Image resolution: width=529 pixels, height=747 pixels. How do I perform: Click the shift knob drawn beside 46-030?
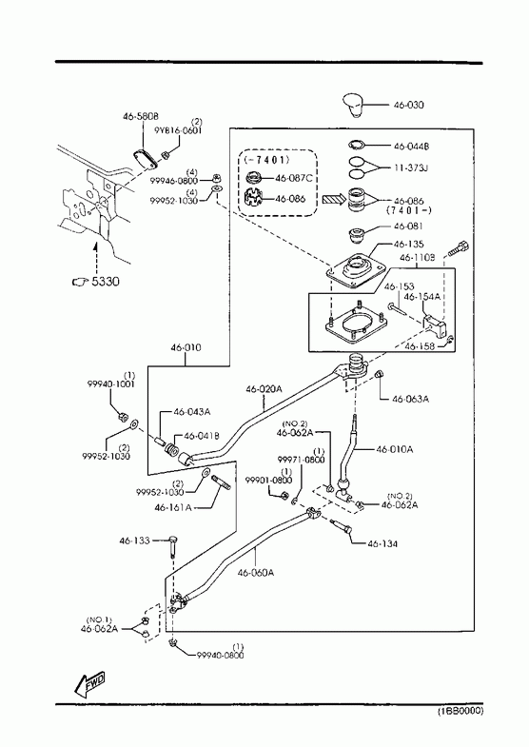[x=354, y=105]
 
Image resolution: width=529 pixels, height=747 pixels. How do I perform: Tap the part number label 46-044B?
[x=411, y=147]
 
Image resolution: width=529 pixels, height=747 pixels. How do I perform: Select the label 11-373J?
[x=410, y=167]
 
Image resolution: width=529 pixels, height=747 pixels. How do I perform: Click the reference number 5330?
[x=106, y=281]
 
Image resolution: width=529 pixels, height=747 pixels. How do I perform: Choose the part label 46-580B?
[x=141, y=116]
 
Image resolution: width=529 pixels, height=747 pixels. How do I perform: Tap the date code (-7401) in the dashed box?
[x=266, y=159]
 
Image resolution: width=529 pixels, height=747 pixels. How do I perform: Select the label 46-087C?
[x=293, y=178]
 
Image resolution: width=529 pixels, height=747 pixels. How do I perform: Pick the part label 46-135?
[x=408, y=245]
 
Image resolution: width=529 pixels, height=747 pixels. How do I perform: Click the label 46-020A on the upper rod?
[x=264, y=389]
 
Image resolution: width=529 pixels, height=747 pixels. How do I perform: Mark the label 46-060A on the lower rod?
[x=256, y=573]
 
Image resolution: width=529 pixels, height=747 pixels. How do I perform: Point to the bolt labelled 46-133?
[x=172, y=546]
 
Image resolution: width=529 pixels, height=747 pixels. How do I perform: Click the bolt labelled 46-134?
[x=341, y=526]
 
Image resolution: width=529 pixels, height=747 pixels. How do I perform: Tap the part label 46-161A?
[x=173, y=508]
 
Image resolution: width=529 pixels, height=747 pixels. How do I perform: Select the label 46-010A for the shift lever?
[x=395, y=449]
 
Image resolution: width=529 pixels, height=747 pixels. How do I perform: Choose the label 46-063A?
[x=410, y=400]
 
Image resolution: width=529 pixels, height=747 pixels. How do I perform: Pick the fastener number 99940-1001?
[x=110, y=384]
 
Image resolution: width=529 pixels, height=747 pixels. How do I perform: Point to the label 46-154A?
[x=421, y=297]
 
